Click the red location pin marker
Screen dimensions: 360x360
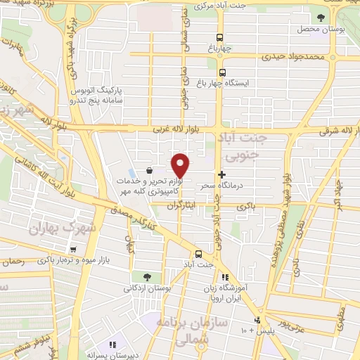(181, 165)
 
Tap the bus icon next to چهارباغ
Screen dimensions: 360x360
(221, 37)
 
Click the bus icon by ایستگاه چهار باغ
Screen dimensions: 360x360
(223, 72)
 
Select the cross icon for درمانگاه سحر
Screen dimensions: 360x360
(222, 174)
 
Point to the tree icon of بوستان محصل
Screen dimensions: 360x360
(321, 18)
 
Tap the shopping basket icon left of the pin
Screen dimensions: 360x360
(149, 171)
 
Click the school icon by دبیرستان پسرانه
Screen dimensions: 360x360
(111, 345)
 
